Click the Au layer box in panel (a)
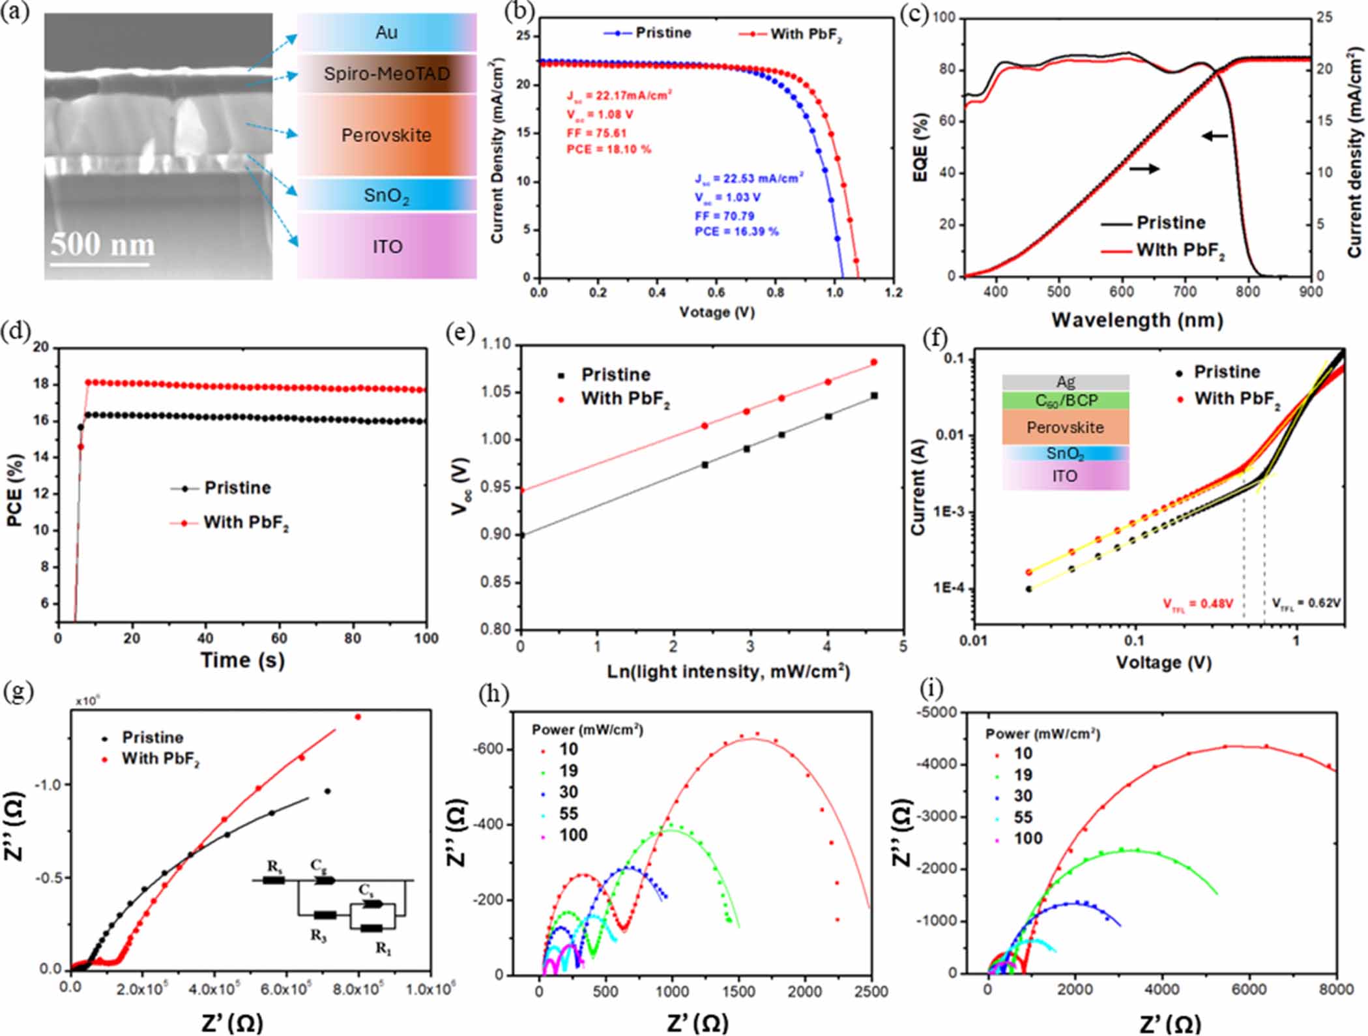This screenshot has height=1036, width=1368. point(386,32)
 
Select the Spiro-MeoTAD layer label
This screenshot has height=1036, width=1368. point(386,74)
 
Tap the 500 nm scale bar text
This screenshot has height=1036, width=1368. point(102,245)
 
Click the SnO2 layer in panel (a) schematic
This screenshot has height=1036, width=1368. point(386,195)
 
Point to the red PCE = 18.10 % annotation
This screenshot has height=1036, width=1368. point(609,149)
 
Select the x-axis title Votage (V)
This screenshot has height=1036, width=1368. point(716,312)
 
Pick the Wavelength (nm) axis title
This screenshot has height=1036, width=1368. point(1137,320)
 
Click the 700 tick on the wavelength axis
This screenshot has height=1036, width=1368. point(1184,291)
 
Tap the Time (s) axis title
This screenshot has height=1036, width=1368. point(242,660)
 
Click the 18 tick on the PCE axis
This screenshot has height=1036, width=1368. point(41,383)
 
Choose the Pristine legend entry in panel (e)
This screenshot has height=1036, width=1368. point(615,375)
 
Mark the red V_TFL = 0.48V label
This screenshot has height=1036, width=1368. point(1198,604)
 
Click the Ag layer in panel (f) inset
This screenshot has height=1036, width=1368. point(1065,382)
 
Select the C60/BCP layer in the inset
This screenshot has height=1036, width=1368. point(1065,400)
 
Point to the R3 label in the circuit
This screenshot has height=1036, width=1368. point(318,936)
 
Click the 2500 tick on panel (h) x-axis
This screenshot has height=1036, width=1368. point(871,992)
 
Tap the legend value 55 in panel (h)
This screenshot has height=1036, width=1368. point(568,814)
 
